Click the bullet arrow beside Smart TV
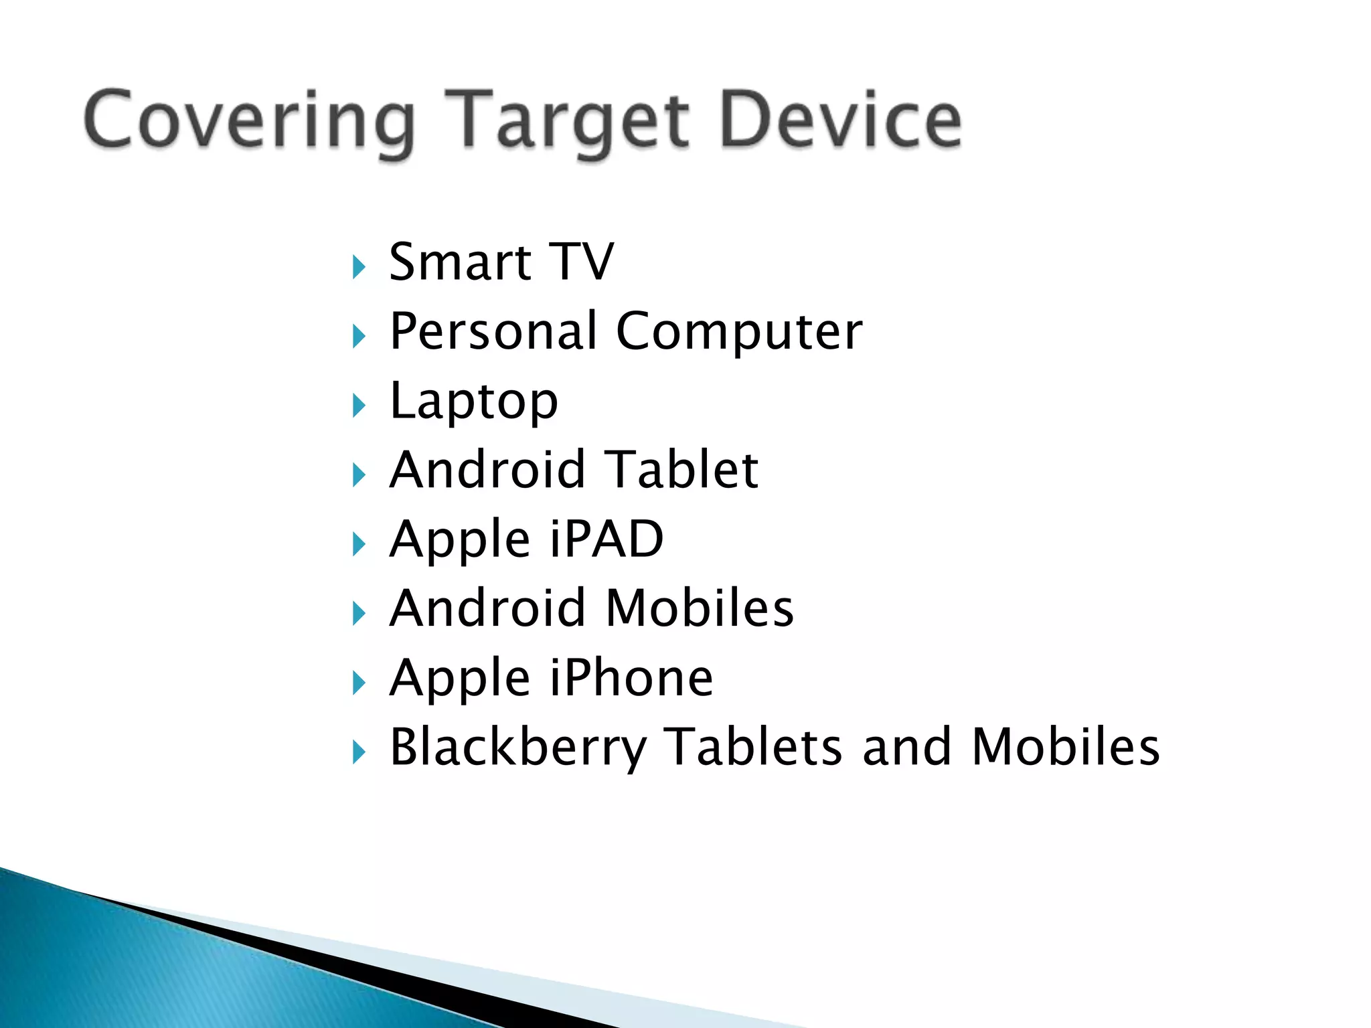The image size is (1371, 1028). click(359, 267)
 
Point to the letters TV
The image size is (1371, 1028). click(581, 262)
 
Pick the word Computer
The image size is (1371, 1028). click(739, 332)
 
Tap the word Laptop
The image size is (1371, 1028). click(473, 402)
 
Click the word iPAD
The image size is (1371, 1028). click(606, 539)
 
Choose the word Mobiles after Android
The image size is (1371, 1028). click(699, 608)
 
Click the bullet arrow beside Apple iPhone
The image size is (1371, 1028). click(359, 683)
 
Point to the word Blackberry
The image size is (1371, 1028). click(518, 748)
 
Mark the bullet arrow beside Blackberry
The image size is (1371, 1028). click(359, 752)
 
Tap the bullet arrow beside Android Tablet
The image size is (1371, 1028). click(359, 475)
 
